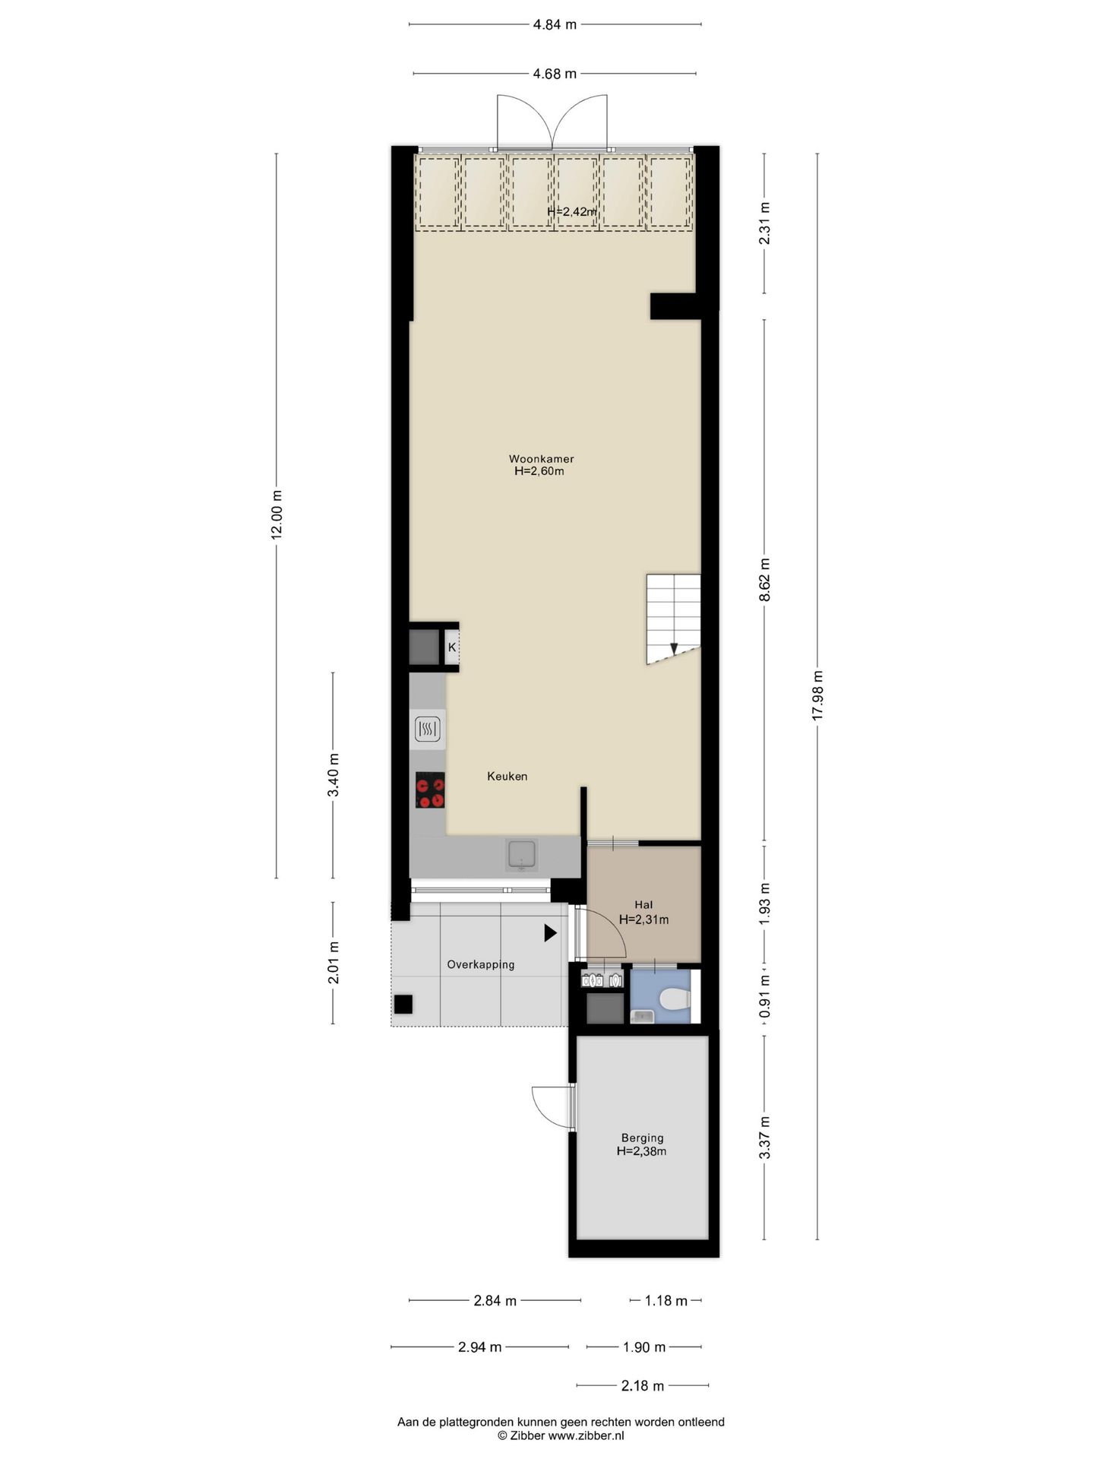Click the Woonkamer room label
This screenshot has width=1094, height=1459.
point(541,459)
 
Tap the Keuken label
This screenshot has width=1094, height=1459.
point(507,776)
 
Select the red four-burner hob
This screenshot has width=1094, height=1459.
point(430,790)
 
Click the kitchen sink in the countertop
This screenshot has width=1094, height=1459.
point(522,855)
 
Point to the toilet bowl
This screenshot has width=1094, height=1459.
point(673,999)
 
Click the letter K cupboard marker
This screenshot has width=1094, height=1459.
point(452,647)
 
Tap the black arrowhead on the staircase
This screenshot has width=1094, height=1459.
point(673,648)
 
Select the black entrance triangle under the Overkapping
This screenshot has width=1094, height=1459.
point(550,932)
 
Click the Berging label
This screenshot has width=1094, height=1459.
point(642,1138)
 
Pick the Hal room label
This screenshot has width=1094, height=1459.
point(643,904)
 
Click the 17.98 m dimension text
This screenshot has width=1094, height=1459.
point(817,696)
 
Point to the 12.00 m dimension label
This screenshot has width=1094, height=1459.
point(277,514)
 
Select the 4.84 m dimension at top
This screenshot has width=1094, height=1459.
point(555,24)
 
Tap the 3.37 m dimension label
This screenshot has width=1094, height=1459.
point(764,1138)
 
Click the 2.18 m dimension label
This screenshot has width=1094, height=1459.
point(643,1386)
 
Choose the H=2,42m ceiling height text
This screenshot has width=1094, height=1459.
point(572,211)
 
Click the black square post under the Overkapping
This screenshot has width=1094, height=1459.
point(403,1004)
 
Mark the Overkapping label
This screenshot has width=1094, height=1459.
point(480,964)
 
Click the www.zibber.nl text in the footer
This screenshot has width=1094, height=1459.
point(586,1435)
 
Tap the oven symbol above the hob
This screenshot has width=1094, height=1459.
point(428,729)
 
